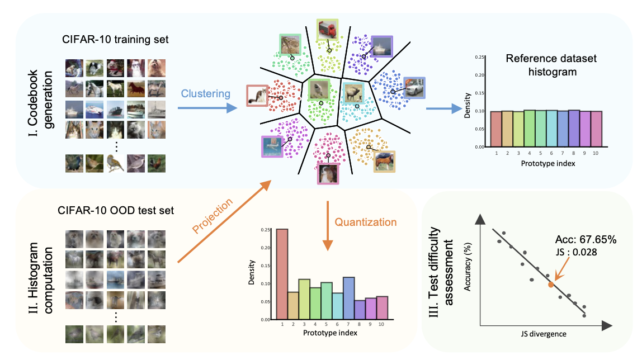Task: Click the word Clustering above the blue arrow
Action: click(206, 94)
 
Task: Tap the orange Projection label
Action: click(213, 215)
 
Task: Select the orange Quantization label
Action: click(366, 222)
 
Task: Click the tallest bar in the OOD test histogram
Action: click(282, 274)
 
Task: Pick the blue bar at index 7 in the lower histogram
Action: click(348, 298)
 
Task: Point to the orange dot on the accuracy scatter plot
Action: click(551, 285)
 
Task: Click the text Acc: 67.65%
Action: click(586, 240)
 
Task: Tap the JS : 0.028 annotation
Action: click(576, 252)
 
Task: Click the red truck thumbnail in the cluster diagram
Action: click(328, 30)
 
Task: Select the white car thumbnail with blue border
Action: click(414, 88)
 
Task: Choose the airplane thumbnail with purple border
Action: click(272, 146)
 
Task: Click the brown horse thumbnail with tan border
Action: click(384, 161)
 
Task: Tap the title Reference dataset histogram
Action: click(551, 65)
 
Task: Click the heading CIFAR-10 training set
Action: click(115, 39)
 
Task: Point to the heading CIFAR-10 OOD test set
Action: click(116, 210)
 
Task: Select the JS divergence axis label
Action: click(544, 334)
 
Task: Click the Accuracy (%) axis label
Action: click(468, 267)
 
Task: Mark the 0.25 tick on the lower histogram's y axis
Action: click(265, 230)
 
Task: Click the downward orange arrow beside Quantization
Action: click(328, 226)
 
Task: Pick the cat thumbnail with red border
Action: click(257, 96)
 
